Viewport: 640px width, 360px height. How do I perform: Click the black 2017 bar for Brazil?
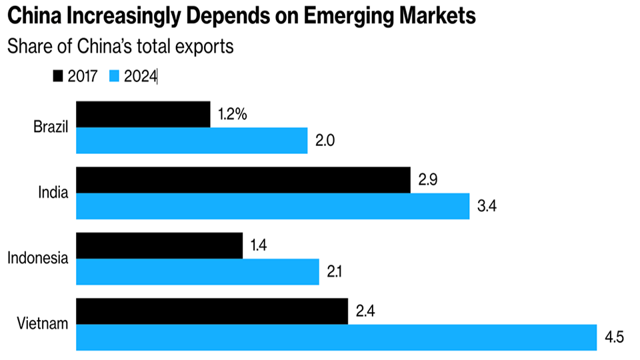pyautogui.click(x=143, y=115)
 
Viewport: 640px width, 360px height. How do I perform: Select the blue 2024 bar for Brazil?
pyautogui.click(x=192, y=141)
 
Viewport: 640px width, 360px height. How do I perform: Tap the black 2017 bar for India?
pyautogui.click(x=243, y=180)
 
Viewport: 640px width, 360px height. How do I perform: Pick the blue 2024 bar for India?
pyautogui.click(x=273, y=206)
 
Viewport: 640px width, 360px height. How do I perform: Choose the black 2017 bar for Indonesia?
pyautogui.click(x=159, y=245)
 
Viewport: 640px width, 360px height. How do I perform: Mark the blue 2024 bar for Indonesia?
pyautogui.click(x=197, y=271)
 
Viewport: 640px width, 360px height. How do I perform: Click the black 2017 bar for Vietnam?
pyautogui.click(x=212, y=311)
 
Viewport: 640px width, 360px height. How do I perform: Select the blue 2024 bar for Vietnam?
pyautogui.click(x=337, y=337)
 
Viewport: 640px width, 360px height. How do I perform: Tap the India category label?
pyautogui.click(x=54, y=193)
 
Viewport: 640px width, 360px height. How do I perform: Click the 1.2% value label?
pyautogui.click(x=233, y=115)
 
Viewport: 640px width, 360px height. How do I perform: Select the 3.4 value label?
pyautogui.click(x=487, y=206)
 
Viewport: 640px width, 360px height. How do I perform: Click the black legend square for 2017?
pyautogui.click(x=57, y=77)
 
